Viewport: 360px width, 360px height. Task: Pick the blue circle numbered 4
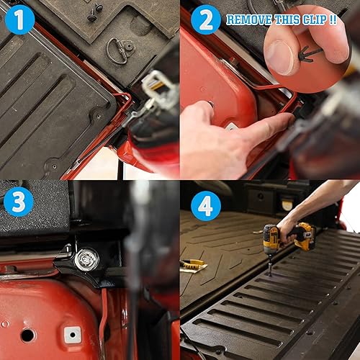pyautogui.click(x=205, y=206)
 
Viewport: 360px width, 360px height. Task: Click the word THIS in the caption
pyautogui.click(x=286, y=19)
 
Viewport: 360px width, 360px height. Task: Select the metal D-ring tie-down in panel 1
pyautogui.click(x=120, y=50)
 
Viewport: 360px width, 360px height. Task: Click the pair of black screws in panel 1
pyautogui.click(x=95, y=12)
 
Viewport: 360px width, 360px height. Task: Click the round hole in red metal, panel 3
pyautogui.click(x=27, y=335)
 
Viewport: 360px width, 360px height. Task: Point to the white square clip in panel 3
pyautogui.click(x=71, y=334)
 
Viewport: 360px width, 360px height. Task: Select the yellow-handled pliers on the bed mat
pyautogui.click(x=193, y=266)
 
